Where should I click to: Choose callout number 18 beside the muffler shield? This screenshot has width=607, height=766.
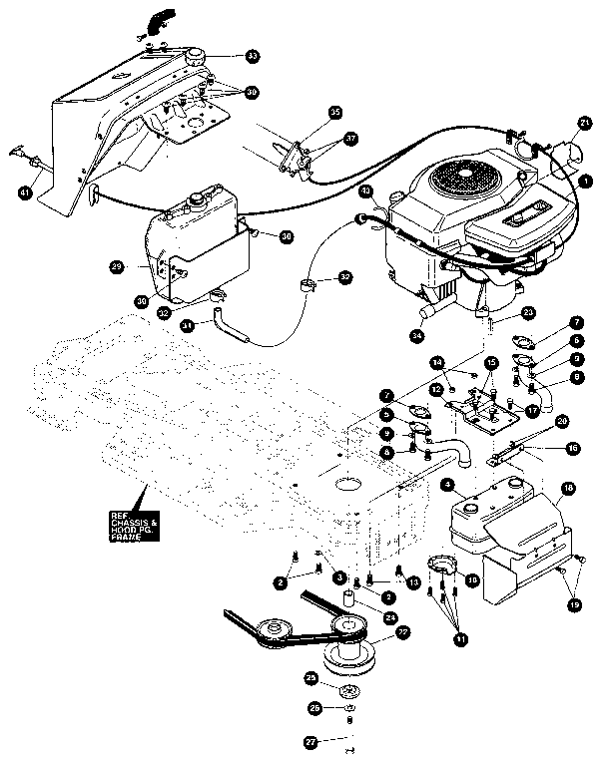[x=567, y=489]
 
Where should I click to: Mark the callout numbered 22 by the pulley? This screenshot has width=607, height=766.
[x=403, y=632]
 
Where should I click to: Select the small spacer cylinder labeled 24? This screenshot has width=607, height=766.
[x=350, y=600]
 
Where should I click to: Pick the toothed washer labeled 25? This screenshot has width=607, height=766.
[x=349, y=692]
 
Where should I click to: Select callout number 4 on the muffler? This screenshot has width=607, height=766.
[x=448, y=484]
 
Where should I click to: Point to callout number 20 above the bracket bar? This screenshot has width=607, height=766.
[x=562, y=421]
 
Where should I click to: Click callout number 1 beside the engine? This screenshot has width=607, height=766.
[x=586, y=181]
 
